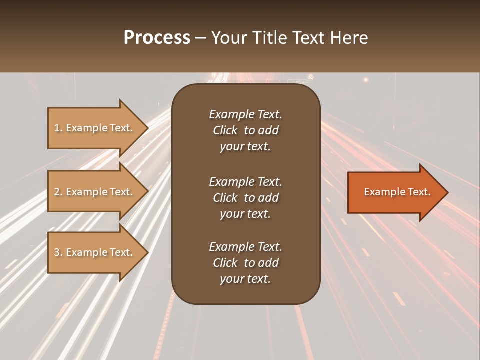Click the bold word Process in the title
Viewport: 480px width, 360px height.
click(157, 38)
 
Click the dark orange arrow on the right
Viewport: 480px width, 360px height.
click(395, 192)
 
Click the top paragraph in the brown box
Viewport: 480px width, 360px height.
click(245, 130)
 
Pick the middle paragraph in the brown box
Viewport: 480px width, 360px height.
click(245, 197)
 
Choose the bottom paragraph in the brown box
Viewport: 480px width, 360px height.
click(245, 263)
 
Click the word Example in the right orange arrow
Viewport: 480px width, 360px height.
click(381, 192)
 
